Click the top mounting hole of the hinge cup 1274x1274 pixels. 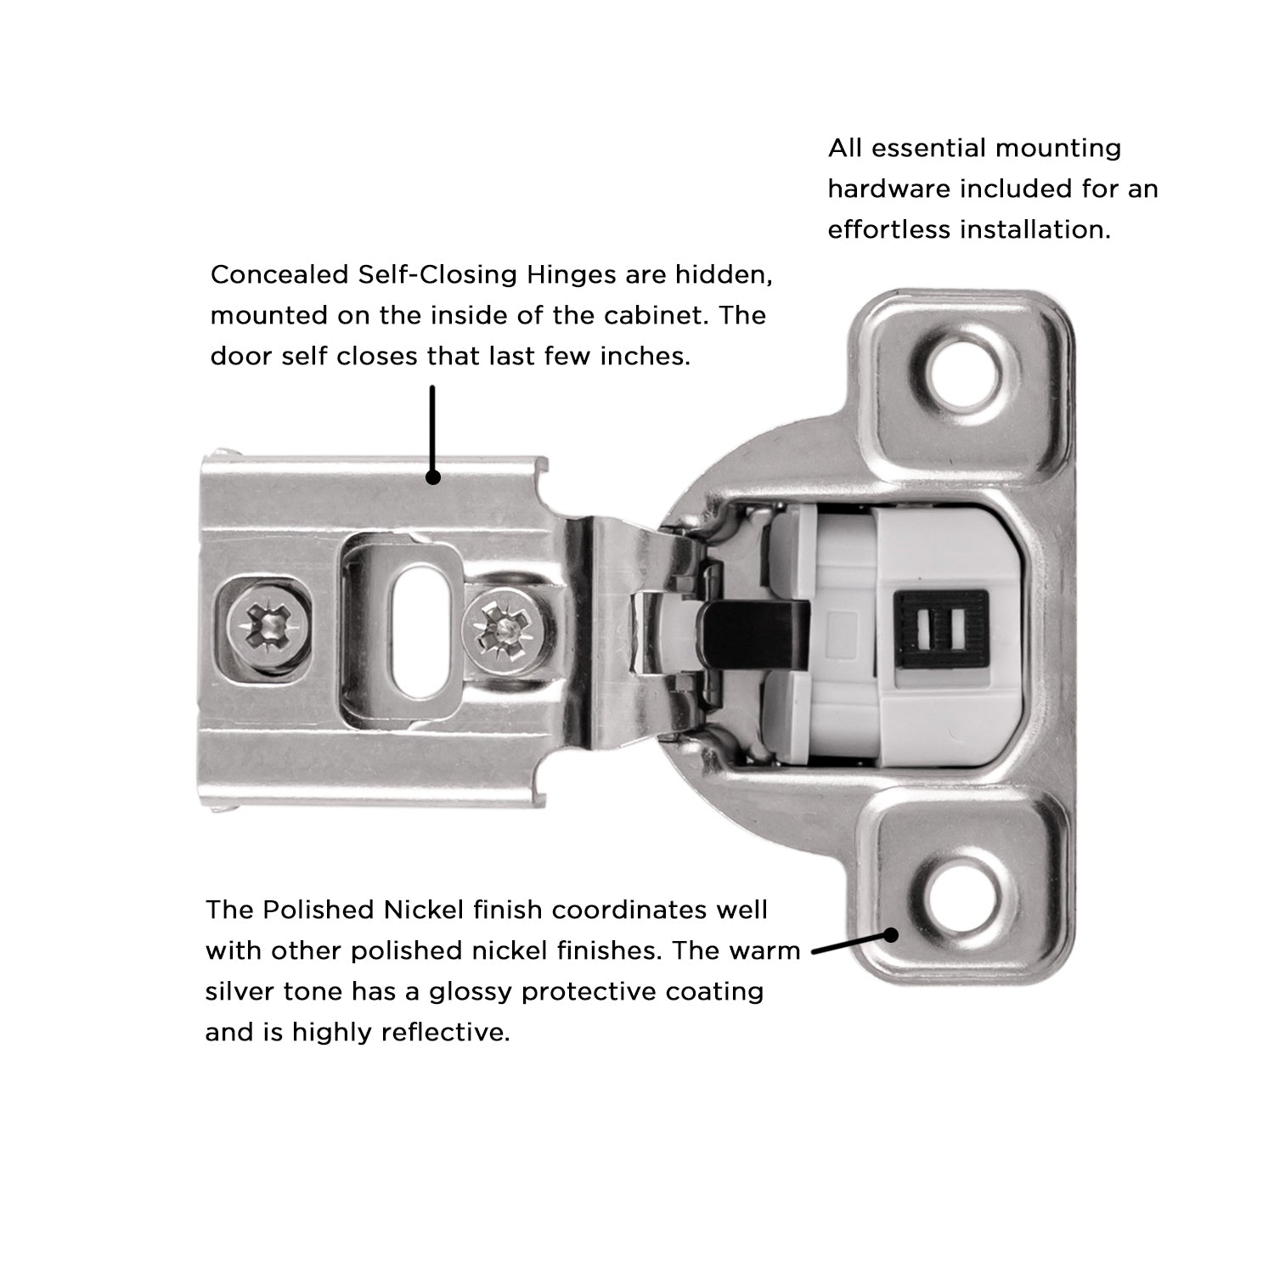pos(961,370)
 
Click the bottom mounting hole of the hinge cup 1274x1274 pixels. pos(961,901)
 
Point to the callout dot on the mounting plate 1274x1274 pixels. pos(432,477)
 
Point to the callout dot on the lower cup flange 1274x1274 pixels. pos(891,935)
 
